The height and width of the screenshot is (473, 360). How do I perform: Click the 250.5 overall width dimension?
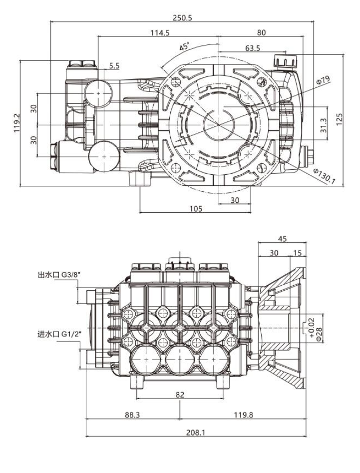point(182,17)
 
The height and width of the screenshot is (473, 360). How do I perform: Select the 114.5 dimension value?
point(160,32)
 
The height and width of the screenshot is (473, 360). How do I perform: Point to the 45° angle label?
point(184,48)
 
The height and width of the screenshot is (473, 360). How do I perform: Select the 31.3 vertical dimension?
point(324,121)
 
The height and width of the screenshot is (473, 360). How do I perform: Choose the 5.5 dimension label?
point(114,65)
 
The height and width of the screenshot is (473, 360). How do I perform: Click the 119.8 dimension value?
point(244,415)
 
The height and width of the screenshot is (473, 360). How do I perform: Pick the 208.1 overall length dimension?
point(195,432)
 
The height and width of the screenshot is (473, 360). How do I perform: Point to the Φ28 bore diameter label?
point(319,333)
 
